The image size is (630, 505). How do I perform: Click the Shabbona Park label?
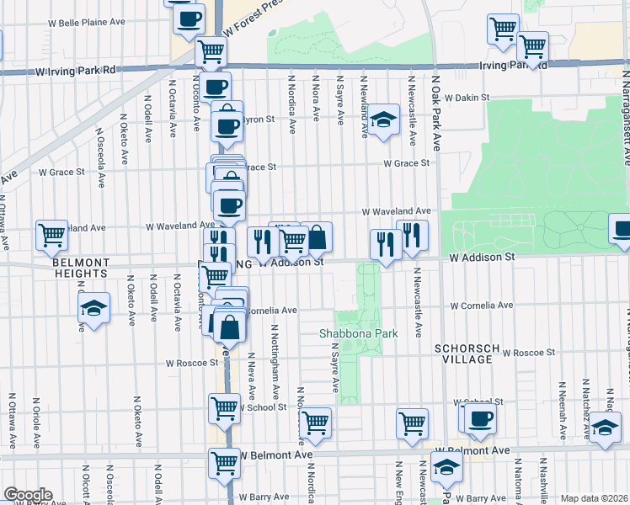358,333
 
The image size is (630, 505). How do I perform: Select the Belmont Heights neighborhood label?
80,268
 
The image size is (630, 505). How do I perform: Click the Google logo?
28,495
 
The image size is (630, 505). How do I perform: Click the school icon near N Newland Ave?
382,120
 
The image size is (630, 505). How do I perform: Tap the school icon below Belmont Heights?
93,307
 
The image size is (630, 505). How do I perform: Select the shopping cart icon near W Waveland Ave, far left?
51,235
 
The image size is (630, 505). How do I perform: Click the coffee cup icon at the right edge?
622,230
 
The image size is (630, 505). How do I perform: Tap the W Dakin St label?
467,98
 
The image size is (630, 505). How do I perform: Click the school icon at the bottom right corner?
605,428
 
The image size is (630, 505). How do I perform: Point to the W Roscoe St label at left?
192,364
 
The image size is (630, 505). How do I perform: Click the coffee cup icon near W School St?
480,418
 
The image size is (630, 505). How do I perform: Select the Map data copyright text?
595,498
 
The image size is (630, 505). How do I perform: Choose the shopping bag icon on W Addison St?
317,238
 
